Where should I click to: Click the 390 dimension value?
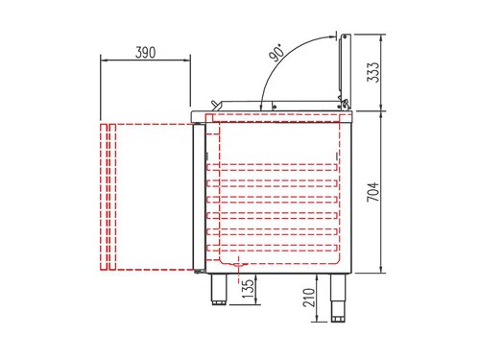click(x=146, y=51)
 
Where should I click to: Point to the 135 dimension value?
click(x=249, y=287)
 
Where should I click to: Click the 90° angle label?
click(x=277, y=54)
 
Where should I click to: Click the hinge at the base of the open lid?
click(x=342, y=100)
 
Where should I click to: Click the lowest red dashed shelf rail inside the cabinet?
click(x=274, y=248)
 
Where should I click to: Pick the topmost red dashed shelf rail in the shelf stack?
click(x=274, y=164)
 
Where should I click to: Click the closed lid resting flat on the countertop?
click(x=278, y=108)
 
